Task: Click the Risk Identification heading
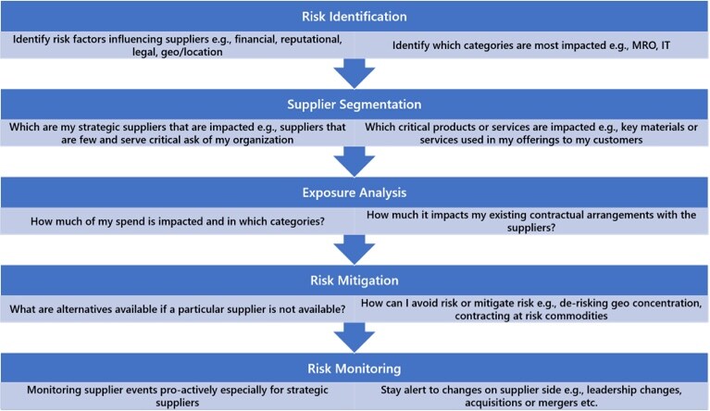pyautogui.click(x=355, y=17)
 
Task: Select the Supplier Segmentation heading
pyautogui.click(x=355, y=105)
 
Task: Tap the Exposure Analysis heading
pyautogui.click(x=355, y=193)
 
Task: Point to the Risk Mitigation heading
pyautogui.click(x=355, y=280)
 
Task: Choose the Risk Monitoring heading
pyautogui.click(x=355, y=368)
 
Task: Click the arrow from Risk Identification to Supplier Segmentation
pyautogui.click(x=355, y=73)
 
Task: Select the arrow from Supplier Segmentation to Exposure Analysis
pyautogui.click(x=355, y=162)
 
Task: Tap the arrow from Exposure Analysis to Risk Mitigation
pyautogui.click(x=355, y=249)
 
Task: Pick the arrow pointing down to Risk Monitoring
pyautogui.click(x=355, y=338)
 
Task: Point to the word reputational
pyautogui.click(x=311, y=40)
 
